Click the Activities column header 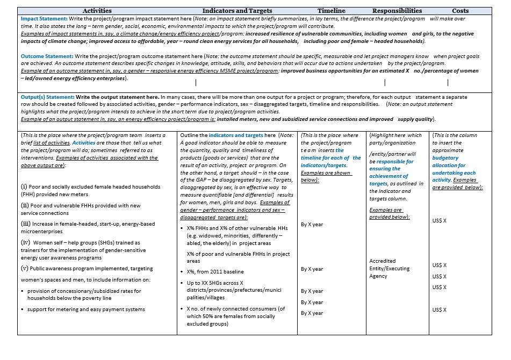[97, 11]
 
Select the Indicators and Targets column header [237, 11]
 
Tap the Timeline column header [332, 11]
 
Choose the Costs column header [460, 11]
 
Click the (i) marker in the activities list [25, 186]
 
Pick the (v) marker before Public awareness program [25, 268]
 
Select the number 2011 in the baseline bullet [220, 271]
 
